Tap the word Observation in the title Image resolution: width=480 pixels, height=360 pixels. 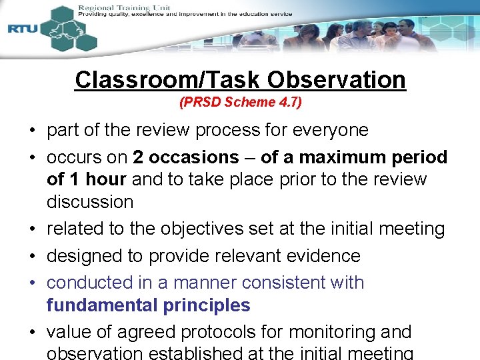click(336, 80)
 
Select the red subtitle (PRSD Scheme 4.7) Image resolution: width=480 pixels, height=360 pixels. click(240, 103)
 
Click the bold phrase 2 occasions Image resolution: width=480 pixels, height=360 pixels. click(185, 157)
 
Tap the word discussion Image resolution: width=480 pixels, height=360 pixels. click(90, 201)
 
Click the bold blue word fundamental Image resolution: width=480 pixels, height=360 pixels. click(101, 305)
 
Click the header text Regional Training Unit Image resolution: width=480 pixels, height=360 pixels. click(124, 7)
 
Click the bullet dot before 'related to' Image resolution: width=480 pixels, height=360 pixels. click(33, 229)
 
